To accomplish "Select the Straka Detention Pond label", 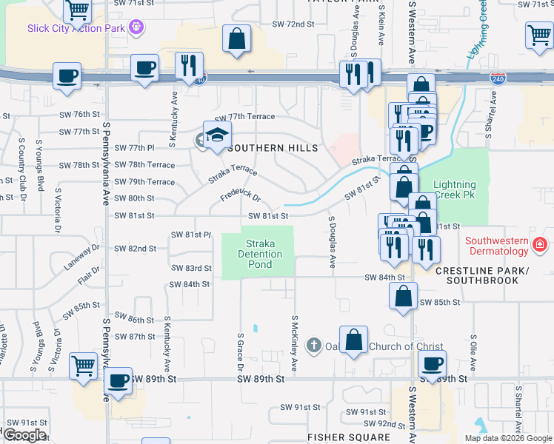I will tap(264, 254).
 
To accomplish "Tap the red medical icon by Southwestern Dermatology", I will tap(541, 243).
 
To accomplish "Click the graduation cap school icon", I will tap(218, 135).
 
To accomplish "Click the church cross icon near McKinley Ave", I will tap(314, 346).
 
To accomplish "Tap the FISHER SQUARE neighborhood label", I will tap(349, 437).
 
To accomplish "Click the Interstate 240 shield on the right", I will tap(497, 78).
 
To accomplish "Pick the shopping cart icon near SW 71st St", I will tap(78, 10).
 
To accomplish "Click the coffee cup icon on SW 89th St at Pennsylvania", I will tap(118, 380).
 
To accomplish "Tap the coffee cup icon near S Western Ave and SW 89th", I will tap(432, 363).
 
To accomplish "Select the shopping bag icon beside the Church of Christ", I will tap(354, 340).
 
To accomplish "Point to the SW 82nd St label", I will tap(135, 249).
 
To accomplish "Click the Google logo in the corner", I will tap(24, 435).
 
